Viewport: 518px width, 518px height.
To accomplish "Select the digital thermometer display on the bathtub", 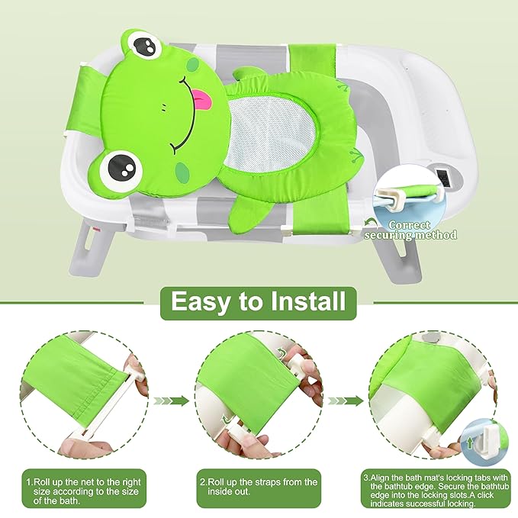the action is (x=442, y=179).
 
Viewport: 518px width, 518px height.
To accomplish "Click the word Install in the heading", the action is (x=308, y=301).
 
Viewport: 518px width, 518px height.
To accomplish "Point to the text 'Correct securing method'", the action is (x=411, y=230).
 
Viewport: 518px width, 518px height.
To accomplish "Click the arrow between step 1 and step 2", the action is (x=171, y=401).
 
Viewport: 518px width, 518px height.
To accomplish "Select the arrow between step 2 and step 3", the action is (x=346, y=401).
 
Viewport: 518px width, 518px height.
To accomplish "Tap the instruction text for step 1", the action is (x=84, y=491).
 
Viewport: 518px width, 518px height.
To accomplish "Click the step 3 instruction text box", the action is (x=433, y=491).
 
